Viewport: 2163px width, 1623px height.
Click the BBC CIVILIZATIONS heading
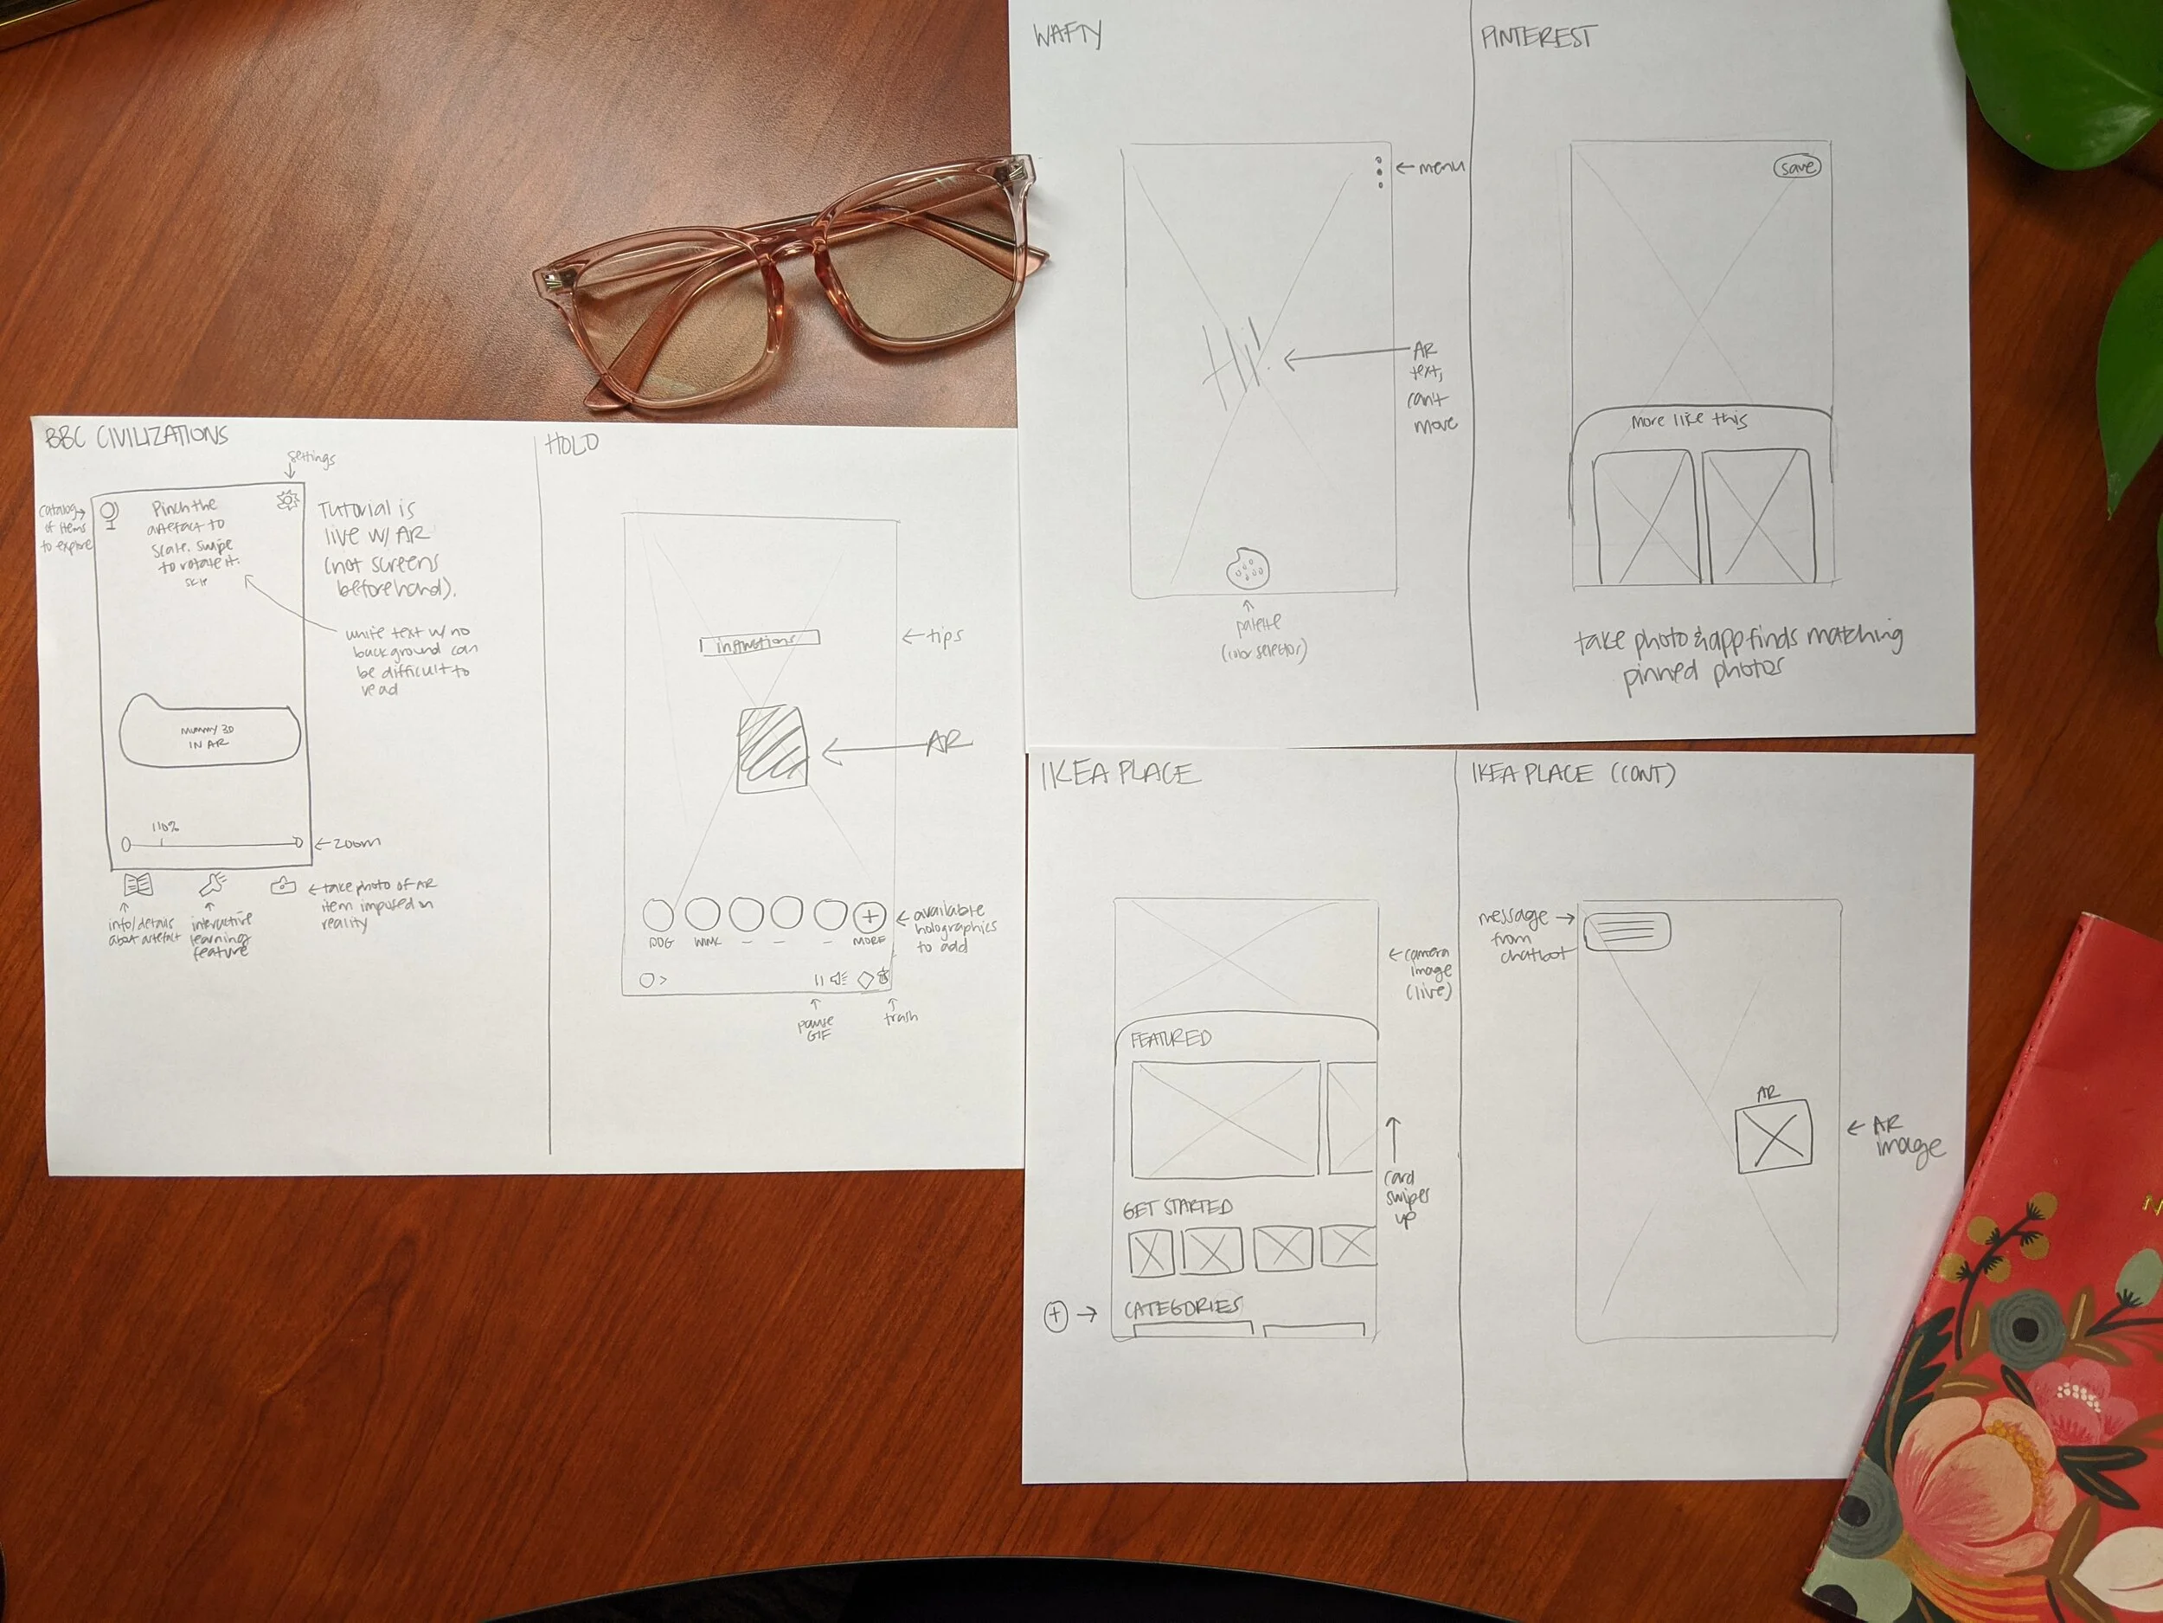click(x=136, y=436)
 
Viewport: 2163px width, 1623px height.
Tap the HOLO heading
click(x=572, y=445)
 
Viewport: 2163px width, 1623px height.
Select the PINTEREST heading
click(x=1537, y=38)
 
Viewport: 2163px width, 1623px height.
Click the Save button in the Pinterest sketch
click(x=1797, y=167)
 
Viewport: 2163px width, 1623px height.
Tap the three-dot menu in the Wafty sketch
click(x=1379, y=172)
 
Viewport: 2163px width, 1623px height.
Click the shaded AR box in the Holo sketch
click(x=773, y=750)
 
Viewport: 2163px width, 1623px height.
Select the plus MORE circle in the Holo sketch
click(x=870, y=917)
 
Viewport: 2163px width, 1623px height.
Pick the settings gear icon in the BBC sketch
click(x=287, y=501)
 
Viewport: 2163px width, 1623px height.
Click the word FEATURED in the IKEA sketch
click(x=1171, y=1038)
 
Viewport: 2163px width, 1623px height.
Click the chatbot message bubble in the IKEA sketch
click(x=1627, y=931)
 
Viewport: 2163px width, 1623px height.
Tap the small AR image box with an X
click(x=1773, y=1137)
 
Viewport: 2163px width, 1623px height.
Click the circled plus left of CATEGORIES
click(x=1055, y=1315)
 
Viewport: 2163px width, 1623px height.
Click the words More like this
click(x=1689, y=421)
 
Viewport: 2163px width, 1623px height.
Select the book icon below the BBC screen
click(x=138, y=885)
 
